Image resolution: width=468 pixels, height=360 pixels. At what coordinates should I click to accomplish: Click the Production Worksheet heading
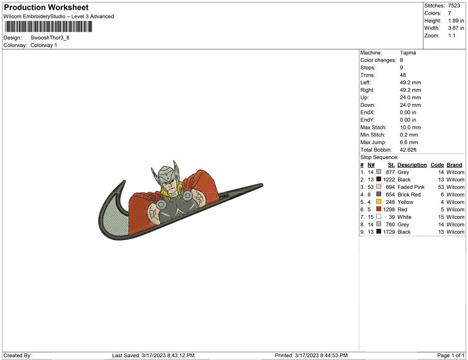click(x=46, y=8)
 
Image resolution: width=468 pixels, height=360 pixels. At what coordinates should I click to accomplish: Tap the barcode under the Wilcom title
click(x=48, y=26)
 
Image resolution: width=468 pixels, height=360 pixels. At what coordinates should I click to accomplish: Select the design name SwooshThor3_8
click(x=50, y=38)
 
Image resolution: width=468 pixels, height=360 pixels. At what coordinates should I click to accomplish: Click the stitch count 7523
click(x=454, y=6)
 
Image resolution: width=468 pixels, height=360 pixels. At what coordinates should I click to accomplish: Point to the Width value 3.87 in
click(x=456, y=28)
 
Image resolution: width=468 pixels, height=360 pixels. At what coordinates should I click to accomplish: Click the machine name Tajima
click(x=407, y=53)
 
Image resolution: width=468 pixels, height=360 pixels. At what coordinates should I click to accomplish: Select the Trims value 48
click(x=403, y=75)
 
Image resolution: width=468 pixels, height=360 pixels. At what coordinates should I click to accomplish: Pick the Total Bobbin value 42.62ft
click(x=408, y=150)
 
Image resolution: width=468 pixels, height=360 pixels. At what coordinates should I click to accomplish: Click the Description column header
click(x=412, y=165)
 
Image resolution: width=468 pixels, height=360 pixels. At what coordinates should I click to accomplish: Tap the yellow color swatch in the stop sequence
click(x=379, y=202)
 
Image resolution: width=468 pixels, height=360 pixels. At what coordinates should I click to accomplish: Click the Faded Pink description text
click(x=411, y=187)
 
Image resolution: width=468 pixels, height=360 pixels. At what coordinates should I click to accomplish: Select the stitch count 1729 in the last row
click(x=389, y=232)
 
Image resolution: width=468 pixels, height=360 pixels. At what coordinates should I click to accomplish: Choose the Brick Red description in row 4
click(x=409, y=195)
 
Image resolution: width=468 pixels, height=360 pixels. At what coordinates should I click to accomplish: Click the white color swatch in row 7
click(x=379, y=216)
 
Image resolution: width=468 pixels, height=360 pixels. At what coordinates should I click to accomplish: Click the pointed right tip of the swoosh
click(x=263, y=185)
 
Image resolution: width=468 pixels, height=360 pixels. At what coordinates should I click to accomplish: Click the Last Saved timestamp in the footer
click(x=153, y=355)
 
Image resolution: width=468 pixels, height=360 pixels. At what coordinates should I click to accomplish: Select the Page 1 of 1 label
click(x=451, y=355)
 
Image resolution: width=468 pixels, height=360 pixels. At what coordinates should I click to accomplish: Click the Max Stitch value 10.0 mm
click(x=410, y=128)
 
